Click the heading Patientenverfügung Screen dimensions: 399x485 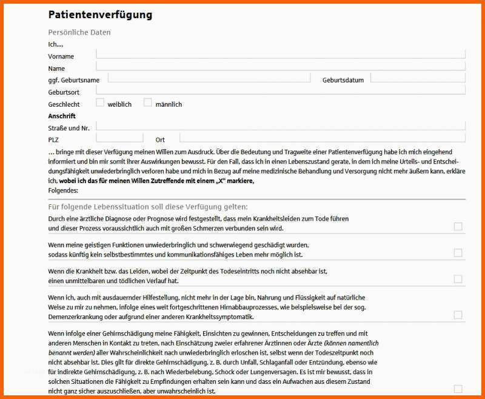point(100,15)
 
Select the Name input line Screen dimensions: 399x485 point(280,65)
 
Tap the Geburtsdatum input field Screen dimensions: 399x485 point(417,78)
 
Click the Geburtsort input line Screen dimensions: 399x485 point(280,90)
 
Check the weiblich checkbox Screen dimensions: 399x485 point(101,102)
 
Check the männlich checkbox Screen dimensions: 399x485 point(148,102)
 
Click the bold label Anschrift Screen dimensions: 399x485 point(62,116)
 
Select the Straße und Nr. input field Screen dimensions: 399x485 point(280,126)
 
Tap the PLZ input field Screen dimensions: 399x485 point(119,138)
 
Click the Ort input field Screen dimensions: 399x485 point(321,138)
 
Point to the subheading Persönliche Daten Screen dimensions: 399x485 point(79,32)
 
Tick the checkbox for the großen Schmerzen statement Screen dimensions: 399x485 point(458,227)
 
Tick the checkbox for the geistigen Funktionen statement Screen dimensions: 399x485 point(458,253)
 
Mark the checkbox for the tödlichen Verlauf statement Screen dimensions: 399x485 point(458,279)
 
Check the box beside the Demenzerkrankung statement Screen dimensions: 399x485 point(458,315)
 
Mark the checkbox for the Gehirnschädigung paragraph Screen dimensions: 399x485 point(458,389)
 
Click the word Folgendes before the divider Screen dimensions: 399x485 point(63,190)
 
